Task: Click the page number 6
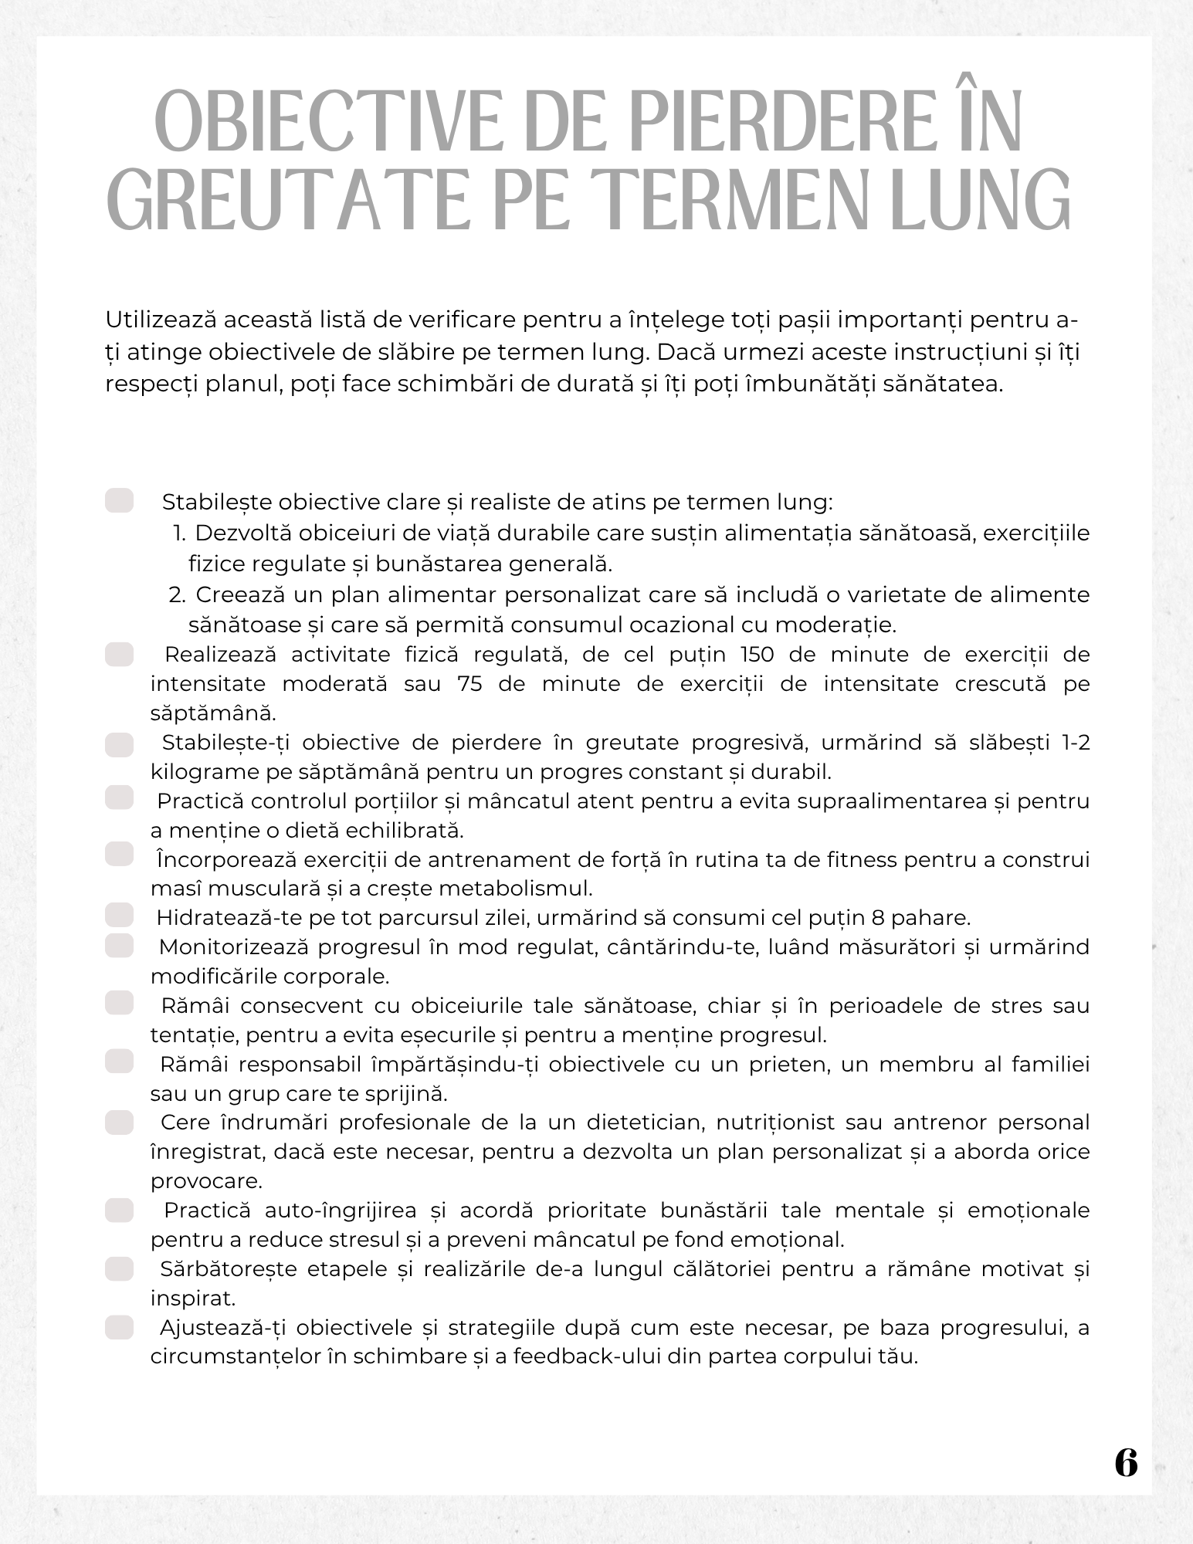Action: (x=1126, y=1462)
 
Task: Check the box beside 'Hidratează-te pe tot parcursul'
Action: (x=120, y=916)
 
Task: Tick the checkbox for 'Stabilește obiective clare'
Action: (x=120, y=500)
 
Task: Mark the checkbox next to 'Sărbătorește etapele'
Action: (x=120, y=1268)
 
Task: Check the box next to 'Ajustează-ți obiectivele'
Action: (x=120, y=1327)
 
